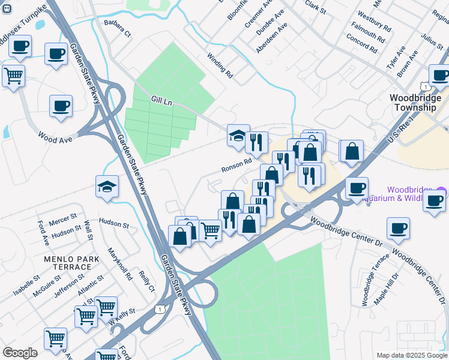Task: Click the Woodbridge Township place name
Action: [x=412, y=103]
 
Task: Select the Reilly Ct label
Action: [x=146, y=280]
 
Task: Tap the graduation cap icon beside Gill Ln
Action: [x=238, y=135]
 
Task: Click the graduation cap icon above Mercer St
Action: [x=107, y=187]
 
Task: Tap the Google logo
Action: [x=20, y=352]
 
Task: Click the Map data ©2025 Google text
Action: [x=411, y=355]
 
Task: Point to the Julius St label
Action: [x=432, y=47]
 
